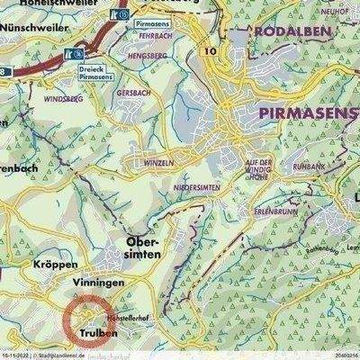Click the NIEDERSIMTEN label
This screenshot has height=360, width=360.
(193, 186)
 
